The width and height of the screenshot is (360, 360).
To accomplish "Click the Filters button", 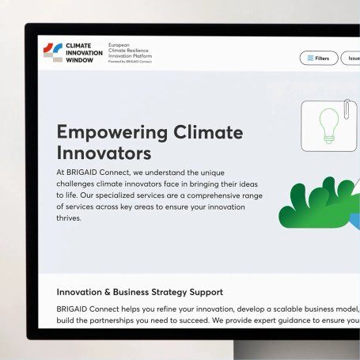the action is [319, 58].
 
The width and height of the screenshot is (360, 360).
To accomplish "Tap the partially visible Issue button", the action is [351, 58].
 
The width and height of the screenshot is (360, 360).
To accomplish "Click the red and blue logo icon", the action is [53, 52].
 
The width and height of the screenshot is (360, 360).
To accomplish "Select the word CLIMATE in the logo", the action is [78, 46].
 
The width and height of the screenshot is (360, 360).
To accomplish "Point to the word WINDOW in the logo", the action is [79, 60].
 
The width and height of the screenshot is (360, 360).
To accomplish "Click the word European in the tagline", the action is [119, 45].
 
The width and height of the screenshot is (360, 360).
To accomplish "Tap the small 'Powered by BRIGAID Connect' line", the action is [130, 62].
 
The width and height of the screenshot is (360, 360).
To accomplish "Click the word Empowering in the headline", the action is [112, 133].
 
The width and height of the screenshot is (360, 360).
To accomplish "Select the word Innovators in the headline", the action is [104, 153].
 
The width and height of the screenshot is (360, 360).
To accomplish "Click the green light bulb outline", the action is [329, 126].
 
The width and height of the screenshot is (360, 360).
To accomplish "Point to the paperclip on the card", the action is [347, 108].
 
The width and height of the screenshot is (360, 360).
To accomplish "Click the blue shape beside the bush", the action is [355, 221].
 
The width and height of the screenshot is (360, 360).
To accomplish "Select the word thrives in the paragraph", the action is [68, 218].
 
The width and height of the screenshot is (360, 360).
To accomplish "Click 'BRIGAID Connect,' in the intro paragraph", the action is [98, 172].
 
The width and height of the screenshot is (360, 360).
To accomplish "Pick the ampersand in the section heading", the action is [108, 292].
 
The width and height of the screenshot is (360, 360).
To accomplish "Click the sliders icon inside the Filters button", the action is [310, 58].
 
